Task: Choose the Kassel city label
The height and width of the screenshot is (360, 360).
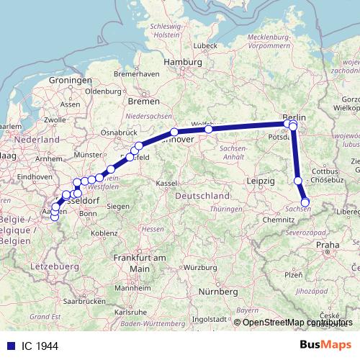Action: point(166,184)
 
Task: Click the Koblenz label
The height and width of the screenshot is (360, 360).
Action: point(104,233)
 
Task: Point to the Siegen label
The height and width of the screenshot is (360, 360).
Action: point(118,207)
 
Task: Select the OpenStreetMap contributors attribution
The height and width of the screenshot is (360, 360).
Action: point(298,323)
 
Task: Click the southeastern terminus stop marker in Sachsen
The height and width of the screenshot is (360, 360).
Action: point(305,202)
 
